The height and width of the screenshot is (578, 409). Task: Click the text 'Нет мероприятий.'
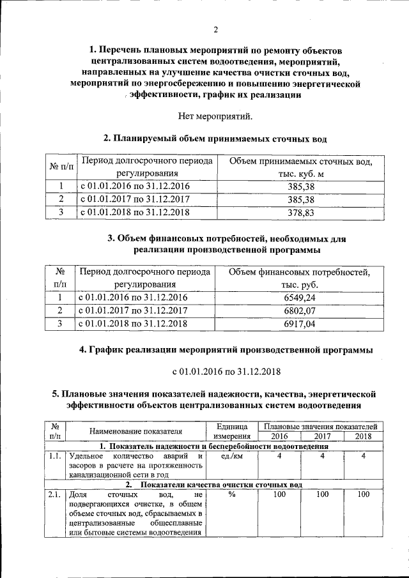click(215, 116)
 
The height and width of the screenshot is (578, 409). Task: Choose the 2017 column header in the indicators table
click(322, 436)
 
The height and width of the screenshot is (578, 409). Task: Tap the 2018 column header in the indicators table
click(363, 436)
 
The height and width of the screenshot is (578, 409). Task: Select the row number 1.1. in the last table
click(54, 456)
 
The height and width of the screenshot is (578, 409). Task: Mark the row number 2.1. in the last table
click(54, 494)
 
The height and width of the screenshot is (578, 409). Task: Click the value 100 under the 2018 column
click(363, 494)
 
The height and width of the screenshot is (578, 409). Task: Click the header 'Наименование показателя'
click(135, 431)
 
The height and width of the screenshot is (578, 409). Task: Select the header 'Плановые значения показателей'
click(320, 426)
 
